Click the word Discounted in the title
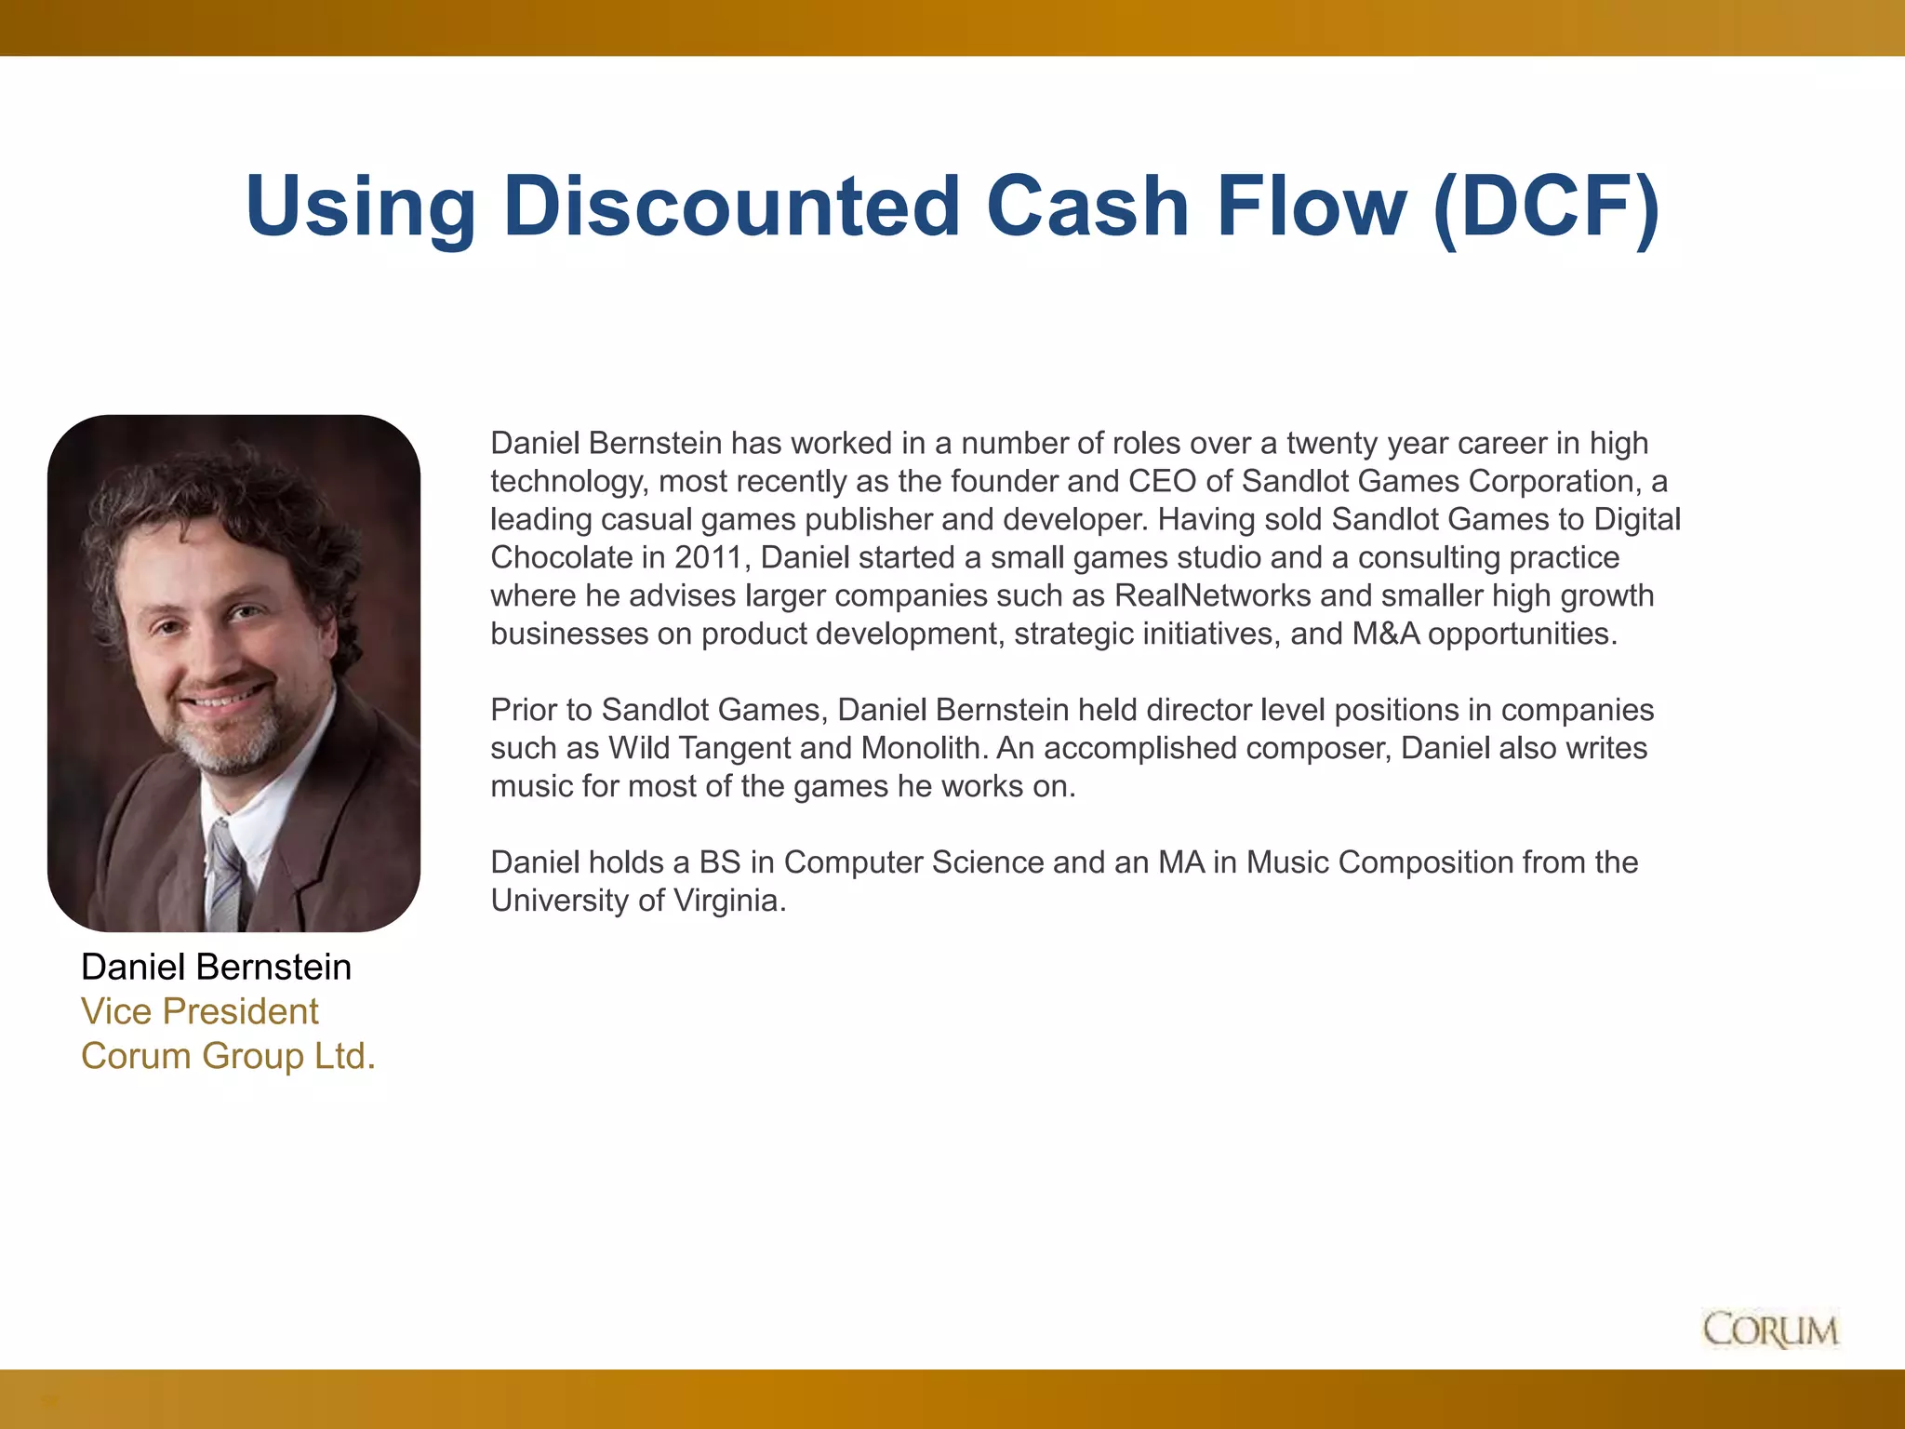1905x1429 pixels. tap(731, 206)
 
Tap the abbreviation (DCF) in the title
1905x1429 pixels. tap(1546, 206)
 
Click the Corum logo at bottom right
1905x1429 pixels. tap(1770, 1329)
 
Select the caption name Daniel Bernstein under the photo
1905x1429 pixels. tap(216, 968)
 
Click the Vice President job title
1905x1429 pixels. tap(199, 1011)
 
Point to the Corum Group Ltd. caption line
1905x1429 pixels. tap(228, 1056)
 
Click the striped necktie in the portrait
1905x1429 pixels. tap(225, 875)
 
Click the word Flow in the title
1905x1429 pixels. tap(1311, 206)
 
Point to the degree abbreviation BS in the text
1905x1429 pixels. tap(720, 862)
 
